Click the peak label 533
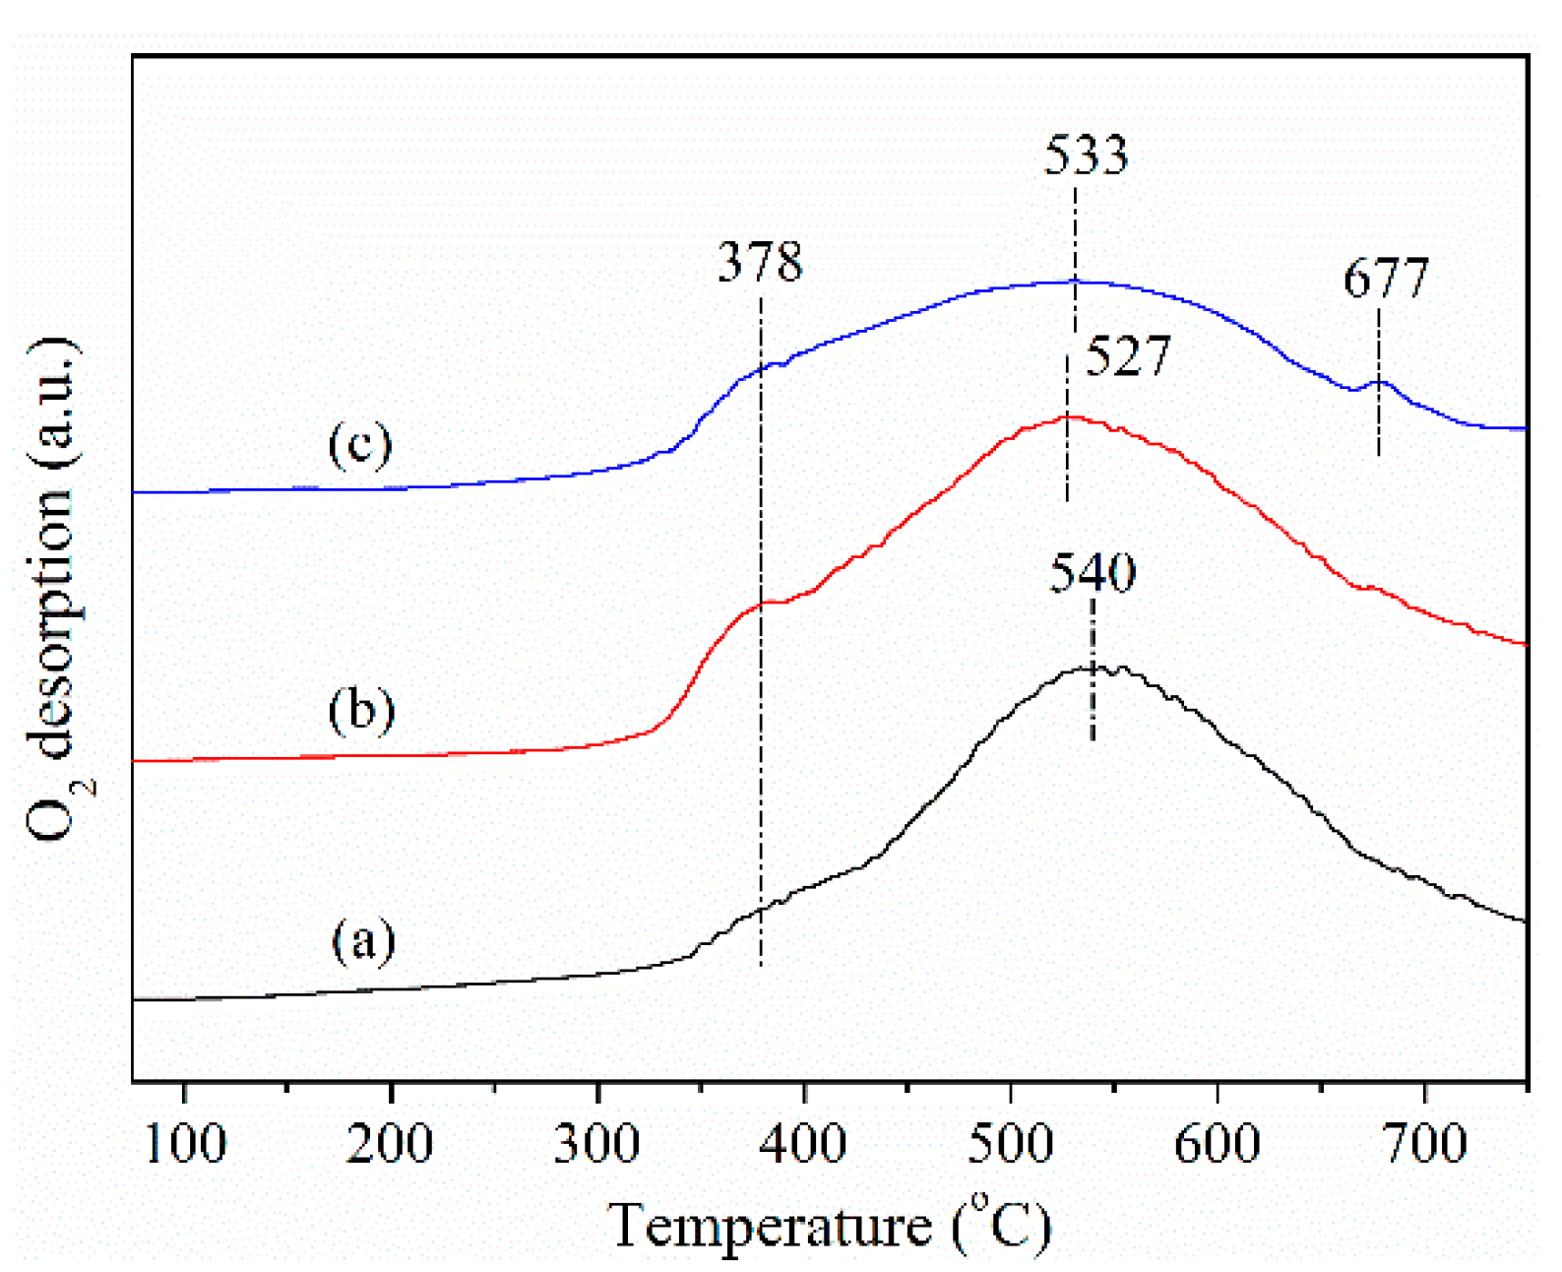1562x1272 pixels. click(1086, 156)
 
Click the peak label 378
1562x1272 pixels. click(760, 263)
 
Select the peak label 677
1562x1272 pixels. click(1386, 279)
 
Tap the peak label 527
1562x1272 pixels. click(1128, 356)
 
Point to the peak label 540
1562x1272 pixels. click(1093, 573)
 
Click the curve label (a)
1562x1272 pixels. click(363, 940)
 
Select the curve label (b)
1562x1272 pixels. click(361, 709)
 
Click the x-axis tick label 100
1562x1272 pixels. click(185, 1144)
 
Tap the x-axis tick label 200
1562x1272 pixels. click(391, 1144)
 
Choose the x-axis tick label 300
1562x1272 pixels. click(597, 1144)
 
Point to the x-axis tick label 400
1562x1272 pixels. click(804, 1144)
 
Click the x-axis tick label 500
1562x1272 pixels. click(1011, 1144)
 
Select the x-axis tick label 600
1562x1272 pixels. click(1218, 1144)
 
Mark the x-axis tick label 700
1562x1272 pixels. click(1424, 1144)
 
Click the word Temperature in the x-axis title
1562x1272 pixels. click(771, 1227)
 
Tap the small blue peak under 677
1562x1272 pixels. click(1379, 382)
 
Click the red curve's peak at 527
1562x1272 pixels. click(1068, 416)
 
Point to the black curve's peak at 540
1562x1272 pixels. click(1093, 668)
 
